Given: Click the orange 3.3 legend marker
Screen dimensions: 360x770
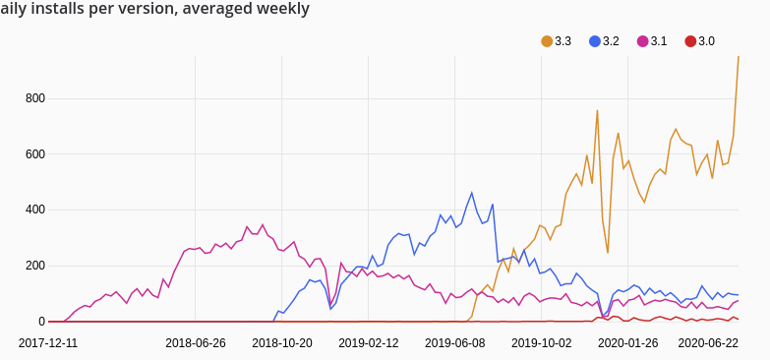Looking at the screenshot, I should [547, 41].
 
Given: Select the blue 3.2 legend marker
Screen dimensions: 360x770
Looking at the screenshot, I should [595, 41].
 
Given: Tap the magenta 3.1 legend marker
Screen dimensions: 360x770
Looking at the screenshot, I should [642, 41].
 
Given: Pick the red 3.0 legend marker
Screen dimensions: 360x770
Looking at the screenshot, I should [690, 41].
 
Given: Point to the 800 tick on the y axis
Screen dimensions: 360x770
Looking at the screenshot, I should [34, 98].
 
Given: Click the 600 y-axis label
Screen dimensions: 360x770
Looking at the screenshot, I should [34, 154].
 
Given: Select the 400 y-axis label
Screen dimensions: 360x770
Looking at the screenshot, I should [34, 210].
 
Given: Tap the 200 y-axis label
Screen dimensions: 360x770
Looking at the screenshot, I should [34, 267].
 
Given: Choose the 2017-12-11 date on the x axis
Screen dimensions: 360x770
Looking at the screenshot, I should [49, 343].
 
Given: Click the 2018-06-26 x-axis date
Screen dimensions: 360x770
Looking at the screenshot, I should [196, 343].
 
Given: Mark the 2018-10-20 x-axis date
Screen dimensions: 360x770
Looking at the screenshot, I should [282, 343].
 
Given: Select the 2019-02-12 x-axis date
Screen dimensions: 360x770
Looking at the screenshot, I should [369, 343].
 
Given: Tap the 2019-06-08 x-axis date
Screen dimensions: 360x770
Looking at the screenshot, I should [455, 343].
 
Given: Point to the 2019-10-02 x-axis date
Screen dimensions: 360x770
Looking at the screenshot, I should [542, 343].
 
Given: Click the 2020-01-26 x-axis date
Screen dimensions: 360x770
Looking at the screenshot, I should [628, 343].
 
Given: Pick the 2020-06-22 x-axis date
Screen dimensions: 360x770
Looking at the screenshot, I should [709, 343].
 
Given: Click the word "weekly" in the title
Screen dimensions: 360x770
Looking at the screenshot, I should [282, 10].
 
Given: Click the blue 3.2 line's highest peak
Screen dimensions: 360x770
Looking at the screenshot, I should [472, 193].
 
